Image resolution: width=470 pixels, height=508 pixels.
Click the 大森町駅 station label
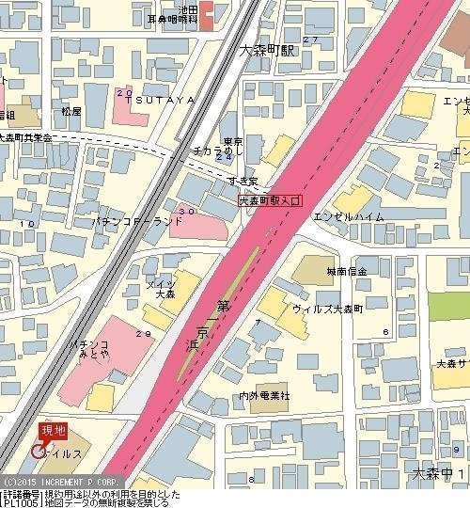(x=266, y=51)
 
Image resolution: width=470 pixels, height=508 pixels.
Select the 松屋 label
(x=71, y=111)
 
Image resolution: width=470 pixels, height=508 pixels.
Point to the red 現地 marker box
(x=54, y=430)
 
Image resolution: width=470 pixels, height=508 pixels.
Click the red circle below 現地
(x=39, y=451)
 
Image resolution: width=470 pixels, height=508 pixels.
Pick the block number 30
(x=185, y=212)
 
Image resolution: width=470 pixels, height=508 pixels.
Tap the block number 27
(x=308, y=40)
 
